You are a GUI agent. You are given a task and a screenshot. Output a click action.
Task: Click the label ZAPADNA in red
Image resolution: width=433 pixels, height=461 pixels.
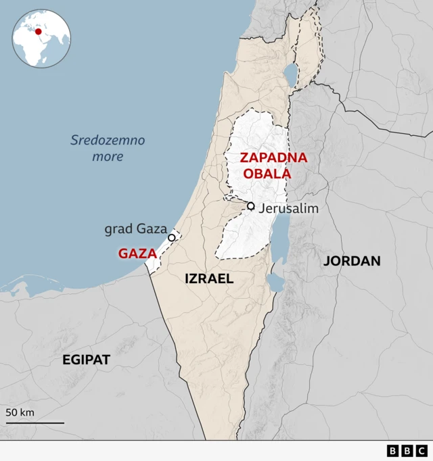coord(273,158)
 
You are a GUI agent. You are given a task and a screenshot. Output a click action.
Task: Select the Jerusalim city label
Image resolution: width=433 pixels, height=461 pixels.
coord(288,208)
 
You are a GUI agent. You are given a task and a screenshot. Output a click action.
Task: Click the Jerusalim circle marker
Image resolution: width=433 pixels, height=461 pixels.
coord(251,206)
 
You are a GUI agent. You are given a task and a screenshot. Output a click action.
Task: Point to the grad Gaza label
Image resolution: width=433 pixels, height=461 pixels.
coord(135,229)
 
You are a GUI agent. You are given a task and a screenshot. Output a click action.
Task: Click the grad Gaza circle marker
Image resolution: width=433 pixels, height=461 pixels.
coord(172,237)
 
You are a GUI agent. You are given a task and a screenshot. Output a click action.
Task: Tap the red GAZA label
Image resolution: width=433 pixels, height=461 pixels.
coord(137,254)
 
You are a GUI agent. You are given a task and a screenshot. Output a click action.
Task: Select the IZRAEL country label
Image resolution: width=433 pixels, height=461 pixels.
coord(209,278)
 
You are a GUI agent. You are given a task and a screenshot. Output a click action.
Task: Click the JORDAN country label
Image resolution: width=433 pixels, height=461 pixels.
coord(352,261)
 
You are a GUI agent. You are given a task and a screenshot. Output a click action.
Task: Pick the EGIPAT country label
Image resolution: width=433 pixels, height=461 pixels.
coord(86,360)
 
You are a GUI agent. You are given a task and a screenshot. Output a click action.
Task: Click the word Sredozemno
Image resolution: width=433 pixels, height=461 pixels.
coord(108,141)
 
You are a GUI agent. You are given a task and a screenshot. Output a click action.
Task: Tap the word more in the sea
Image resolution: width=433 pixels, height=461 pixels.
coord(108,156)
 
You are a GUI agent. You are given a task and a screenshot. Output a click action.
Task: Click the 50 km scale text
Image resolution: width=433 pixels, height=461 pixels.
coord(20,412)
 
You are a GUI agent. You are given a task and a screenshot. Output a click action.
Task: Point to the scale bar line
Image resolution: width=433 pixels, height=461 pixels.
coord(35,423)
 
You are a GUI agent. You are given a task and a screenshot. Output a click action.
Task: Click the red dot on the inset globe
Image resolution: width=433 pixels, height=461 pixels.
coord(39,31)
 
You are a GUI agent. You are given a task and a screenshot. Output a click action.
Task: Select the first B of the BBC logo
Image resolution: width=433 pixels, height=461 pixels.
coord(393,451)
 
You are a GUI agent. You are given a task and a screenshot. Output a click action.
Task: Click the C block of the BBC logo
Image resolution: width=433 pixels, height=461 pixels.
coord(421,451)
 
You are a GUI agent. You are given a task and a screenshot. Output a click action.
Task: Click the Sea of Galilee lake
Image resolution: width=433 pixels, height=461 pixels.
coord(290,72)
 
